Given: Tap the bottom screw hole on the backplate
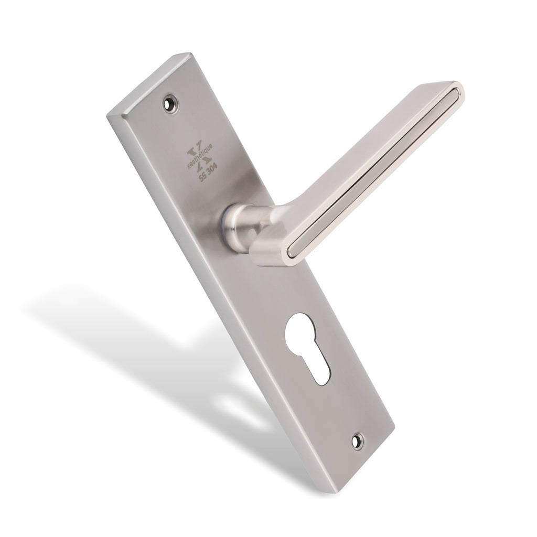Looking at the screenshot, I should [358, 442].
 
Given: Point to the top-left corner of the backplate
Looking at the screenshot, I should [108, 114].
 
